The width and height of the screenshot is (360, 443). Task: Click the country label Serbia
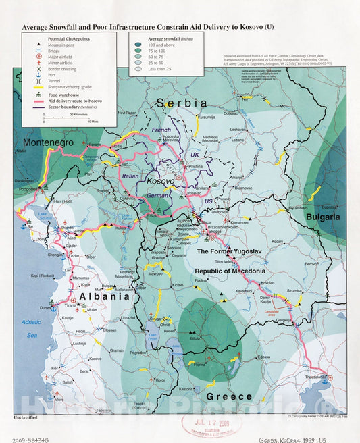[181, 103]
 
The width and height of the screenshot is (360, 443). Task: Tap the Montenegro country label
[48, 143]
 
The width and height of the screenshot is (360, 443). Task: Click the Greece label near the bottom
[229, 396]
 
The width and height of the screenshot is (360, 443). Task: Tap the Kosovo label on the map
[161, 182]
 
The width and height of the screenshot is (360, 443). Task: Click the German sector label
[158, 195]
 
